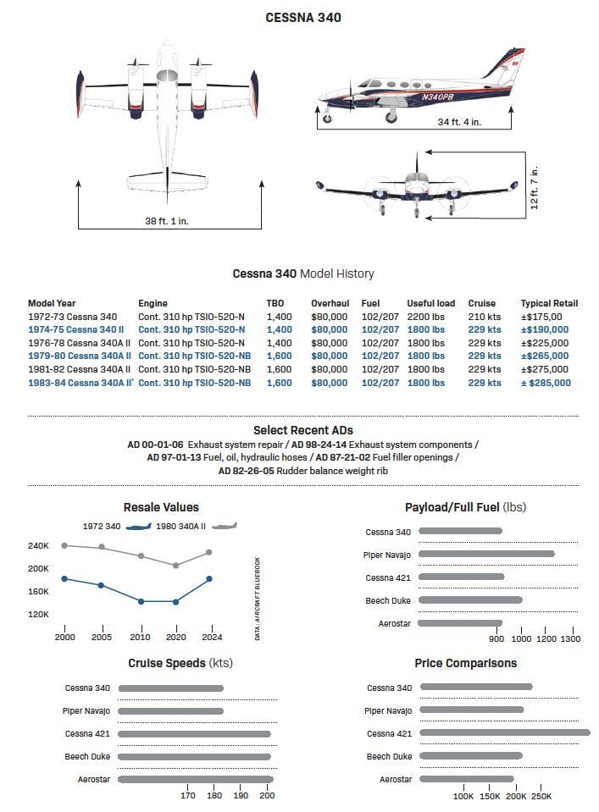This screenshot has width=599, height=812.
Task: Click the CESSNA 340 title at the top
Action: [x=303, y=17]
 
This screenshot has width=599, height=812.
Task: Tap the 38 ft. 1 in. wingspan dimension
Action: [x=166, y=221]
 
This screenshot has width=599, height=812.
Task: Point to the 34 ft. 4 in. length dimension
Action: [x=459, y=122]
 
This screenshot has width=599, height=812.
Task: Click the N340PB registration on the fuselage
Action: [x=437, y=97]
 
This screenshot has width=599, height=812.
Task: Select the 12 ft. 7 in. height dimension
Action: [x=535, y=188]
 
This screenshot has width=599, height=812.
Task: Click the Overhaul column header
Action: [x=330, y=303]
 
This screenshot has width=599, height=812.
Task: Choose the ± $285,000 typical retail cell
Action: [x=546, y=383]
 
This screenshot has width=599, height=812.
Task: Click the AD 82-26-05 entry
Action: [x=245, y=470]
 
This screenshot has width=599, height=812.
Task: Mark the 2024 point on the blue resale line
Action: [x=209, y=579]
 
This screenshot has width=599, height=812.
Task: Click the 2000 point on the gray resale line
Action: [x=65, y=545]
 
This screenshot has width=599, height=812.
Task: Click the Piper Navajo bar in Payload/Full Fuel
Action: [x=486, y=555]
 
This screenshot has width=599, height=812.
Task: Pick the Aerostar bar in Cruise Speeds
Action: [x=196, y=779]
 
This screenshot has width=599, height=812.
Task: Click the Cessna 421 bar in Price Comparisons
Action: [x=504, y=733]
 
